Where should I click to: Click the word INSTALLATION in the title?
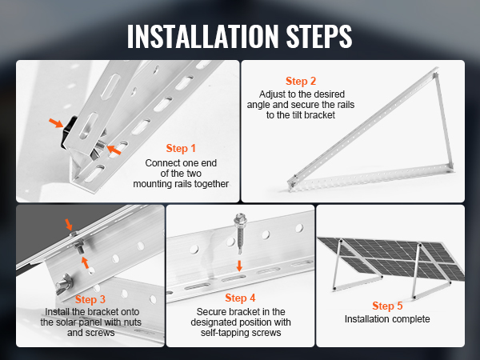(203, 36)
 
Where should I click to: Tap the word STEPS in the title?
(319, 36)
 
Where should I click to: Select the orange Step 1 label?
(181, 148)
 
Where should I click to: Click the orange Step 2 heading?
(301, 81)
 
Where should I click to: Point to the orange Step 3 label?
(90, 299)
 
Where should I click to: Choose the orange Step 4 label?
(240, 298)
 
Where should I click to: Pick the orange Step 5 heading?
(387, 306)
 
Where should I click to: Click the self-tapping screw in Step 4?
(239, 234)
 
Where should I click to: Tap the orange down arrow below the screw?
(239, 266)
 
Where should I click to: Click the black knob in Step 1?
(68, 132)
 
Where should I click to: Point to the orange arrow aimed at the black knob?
(56, 122)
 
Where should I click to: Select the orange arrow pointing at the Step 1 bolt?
(114, 150)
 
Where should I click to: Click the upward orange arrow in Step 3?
(85, 262)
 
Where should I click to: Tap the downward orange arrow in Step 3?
(69, 224)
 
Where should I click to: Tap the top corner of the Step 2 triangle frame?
(436, 70)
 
